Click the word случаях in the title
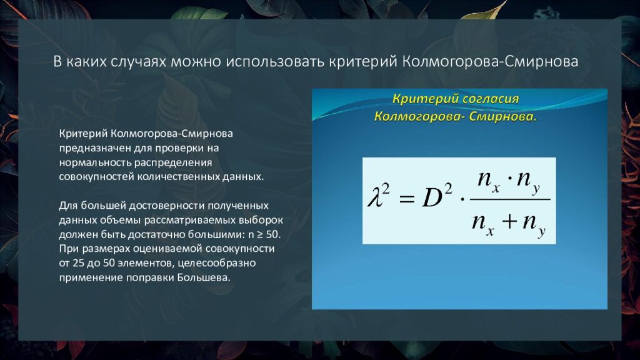(x=138, y=62)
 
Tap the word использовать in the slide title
(x=275, y=62)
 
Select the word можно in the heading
(x=196, y=62)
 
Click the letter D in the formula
(x=432, y=197)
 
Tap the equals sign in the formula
(x=406, y=199)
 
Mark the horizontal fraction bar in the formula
(x=510, y=199)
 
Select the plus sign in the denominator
(x=509, y=222)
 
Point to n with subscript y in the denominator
(x=534, y=224)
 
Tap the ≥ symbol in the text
(x=259, y=235)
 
